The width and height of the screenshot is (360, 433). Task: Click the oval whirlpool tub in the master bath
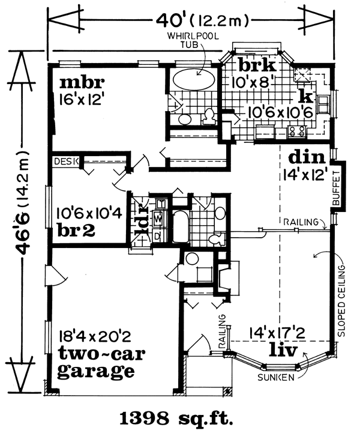tap(194, 79)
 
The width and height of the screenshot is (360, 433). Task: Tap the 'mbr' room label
tap(82, 82)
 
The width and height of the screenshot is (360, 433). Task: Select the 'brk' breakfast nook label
tap(257, 65)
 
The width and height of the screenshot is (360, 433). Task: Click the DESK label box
tap(66, 162)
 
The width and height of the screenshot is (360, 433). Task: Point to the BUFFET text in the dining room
tap(336, 188)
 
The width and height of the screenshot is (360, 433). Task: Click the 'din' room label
tap(307, 157)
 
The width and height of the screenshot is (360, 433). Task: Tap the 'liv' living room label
tap(283, 350)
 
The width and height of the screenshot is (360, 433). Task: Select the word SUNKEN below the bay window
tap(276, 377)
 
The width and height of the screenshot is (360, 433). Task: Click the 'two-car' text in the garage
tap(101, 354)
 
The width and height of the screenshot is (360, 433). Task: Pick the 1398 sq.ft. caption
tap(176, 419)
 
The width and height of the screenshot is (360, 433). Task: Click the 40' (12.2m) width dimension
tap(203, 20)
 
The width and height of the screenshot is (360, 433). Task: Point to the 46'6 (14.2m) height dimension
tap(23, 203)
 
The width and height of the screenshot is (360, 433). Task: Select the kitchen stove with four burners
tap(297, 132)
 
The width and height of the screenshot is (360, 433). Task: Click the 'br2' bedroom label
tap(76, 230)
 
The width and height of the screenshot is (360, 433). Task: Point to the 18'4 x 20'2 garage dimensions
tap(95, 337)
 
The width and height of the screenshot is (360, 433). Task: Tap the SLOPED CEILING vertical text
tap(342, 301)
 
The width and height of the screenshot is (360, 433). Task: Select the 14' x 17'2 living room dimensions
tap(277, 333)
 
